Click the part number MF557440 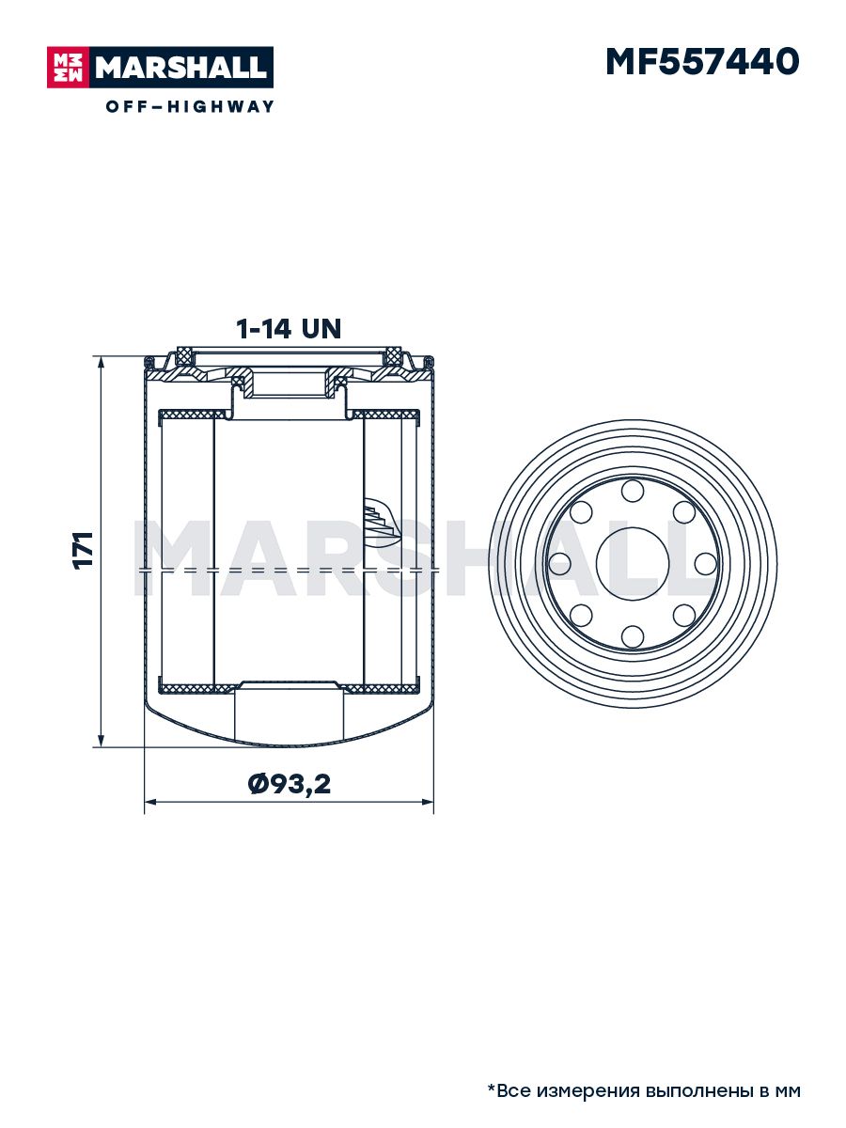tap(702, 62)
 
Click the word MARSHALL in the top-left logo tap(181, 68)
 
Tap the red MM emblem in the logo tap(68, 68)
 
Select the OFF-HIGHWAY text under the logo tap(190, 106)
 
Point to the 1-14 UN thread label tap(289, 329)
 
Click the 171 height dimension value tap(84, 550)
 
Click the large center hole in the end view tap(633, 564)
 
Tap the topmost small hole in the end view tap(633, 491)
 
